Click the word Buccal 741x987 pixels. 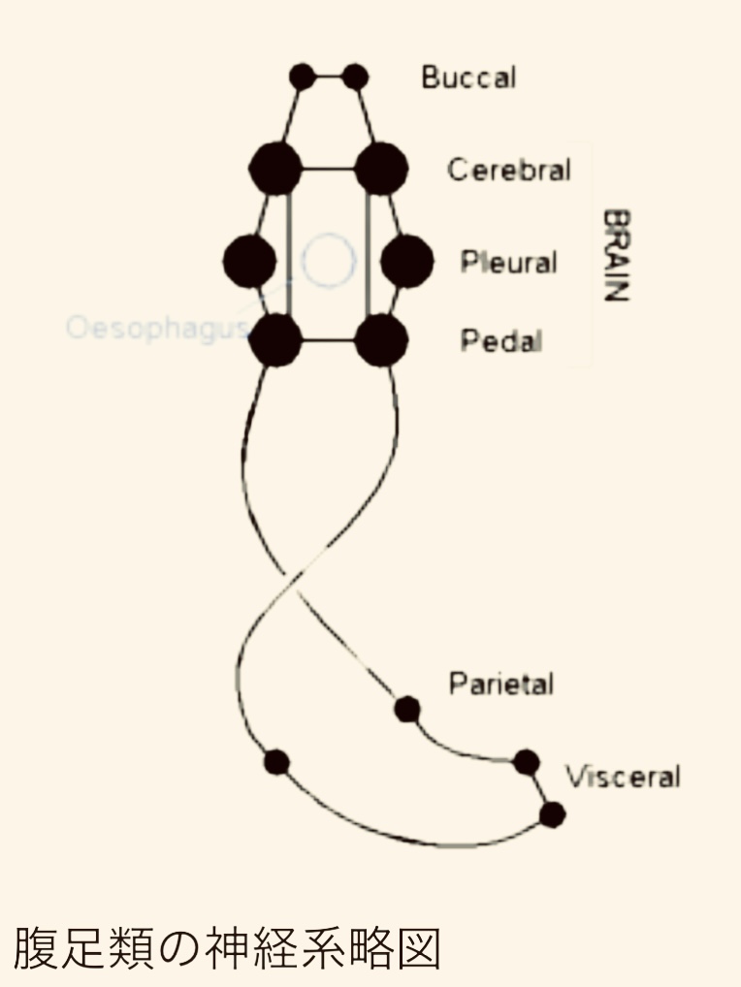pyautogui.click(x=468, y=78)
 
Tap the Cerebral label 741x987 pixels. pyautogui.click(x=508, y=170)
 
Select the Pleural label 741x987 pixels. pyautogui.click(x=508, y=263)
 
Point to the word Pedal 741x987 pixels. pyautogui.click(x=500, y=341)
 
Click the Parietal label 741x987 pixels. pyautogui.click(x=500, y=684)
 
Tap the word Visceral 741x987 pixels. pyautogui.click(x=624, y=777)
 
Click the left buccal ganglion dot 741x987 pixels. pyautogui.click(x=303, y=76)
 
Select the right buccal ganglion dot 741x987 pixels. pyautogui.click(x=356, y=76)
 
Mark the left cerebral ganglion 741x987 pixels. pyautogui.click(x=274, y=169)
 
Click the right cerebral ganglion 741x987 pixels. pyautogui.click(x=381, y=169)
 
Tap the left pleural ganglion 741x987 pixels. pyautogui.click(x=249, y=261)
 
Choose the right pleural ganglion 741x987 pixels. pyautogui.click(x=406, y=261)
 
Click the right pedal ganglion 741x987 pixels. pyautogui.click(x=381, y=340)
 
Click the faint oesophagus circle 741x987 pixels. pyautogui.click(x=328, y=260)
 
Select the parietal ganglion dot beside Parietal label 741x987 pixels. pyautogui.click(x=407, y=710)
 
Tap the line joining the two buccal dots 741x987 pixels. pyautogui.click(x=330, y=76)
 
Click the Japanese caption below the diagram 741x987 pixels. pyautogui.click(x=227, y=949)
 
